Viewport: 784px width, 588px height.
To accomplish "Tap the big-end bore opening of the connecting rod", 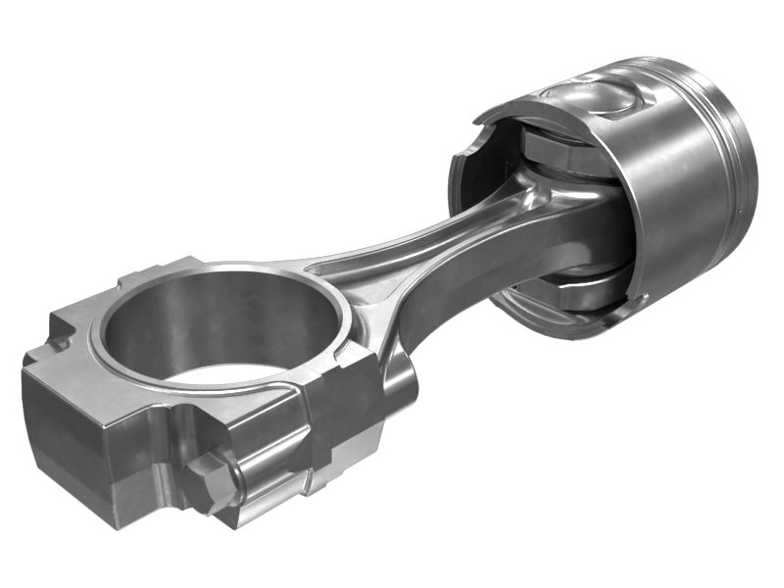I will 220,328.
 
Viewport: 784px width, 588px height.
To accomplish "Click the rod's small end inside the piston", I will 578,216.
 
